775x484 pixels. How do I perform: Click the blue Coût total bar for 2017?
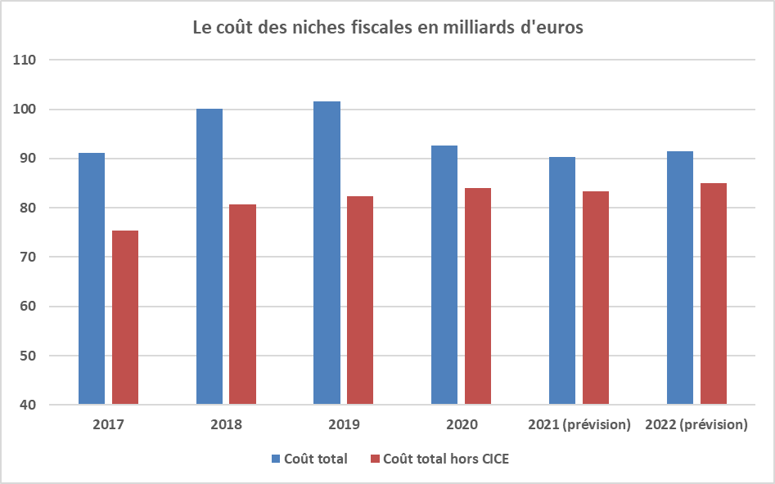[92, 278]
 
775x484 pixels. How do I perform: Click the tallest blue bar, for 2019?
[327, 253]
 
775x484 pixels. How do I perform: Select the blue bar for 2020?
[444, 275]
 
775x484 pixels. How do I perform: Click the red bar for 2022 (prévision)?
[713, 294]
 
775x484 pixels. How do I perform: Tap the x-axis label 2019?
[344, 425]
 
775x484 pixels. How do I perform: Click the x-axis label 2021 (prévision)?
[579, 425]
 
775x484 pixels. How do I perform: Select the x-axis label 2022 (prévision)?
[696, 425]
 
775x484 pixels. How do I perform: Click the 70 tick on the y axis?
[29, 258]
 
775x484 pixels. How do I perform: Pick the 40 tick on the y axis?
[29, 405]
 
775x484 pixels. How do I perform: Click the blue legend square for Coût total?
[276, 459]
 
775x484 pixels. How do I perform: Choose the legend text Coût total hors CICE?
[445, 459]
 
